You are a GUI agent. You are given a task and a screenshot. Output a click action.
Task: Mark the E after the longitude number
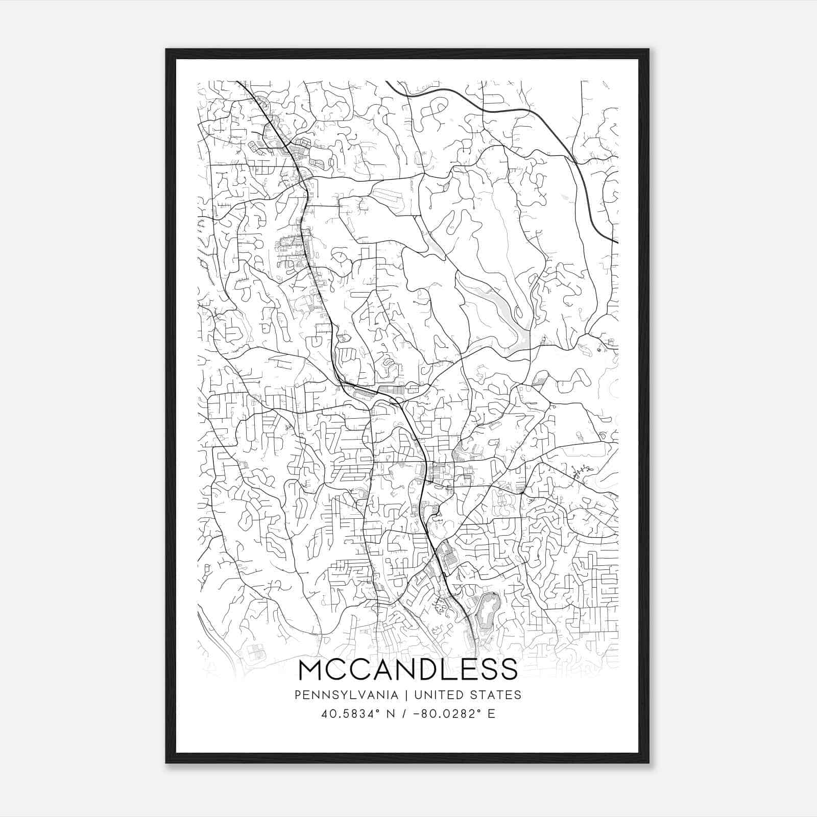491,714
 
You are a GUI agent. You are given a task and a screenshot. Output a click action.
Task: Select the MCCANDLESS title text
407,670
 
